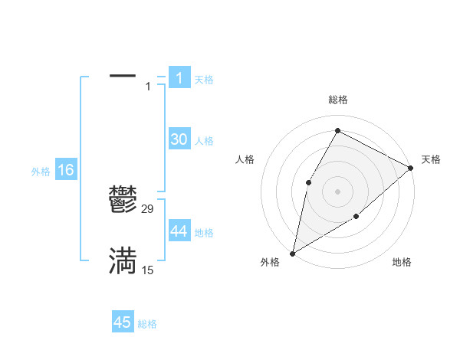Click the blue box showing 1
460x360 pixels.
pos(179,77)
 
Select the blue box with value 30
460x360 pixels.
pos(179,139)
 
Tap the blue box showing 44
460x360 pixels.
pos(179,231)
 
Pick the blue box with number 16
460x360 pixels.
pos(65,170)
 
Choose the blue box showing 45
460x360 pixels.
pos(123,322)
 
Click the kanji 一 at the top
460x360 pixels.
pos(123,77)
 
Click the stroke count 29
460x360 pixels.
pos(148,208)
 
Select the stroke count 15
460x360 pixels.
pos(148,270)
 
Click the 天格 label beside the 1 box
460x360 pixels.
pos(204,79)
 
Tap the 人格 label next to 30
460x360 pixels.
pos(204,141)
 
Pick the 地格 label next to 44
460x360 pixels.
pos(204,233)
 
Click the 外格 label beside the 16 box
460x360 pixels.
pos(41,172)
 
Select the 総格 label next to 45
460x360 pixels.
pos(147,324)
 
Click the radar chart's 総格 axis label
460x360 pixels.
pos(337,100)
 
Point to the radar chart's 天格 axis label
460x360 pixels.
pos(431,159)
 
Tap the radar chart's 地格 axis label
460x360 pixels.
pos(402,263)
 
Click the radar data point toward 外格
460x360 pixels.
pos(292,253)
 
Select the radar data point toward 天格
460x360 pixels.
pos(411,168)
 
